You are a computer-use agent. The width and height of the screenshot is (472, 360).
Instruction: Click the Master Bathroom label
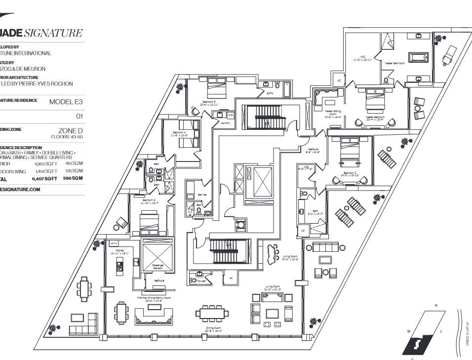click(x=394, y=63)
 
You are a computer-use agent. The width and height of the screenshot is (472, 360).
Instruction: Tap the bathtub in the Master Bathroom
click(x=421, y=58)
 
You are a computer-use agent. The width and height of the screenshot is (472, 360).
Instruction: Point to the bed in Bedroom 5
click(x=212, y=91)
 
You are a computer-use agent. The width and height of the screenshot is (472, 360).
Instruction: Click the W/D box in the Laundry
click(x=230, y=115)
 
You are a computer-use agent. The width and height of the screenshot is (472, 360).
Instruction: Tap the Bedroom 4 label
click(x=179, y=134)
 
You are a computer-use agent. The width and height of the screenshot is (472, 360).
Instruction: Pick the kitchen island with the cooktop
click(x=119, y=267)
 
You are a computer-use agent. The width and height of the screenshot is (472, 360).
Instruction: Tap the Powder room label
click(x=201, y=280)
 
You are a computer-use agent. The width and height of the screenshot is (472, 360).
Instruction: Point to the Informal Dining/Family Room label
click(x=154, y=298)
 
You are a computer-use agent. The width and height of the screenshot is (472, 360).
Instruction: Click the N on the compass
click(x=435, y=306)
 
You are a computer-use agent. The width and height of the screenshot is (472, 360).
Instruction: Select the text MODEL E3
click(x=65, y=102)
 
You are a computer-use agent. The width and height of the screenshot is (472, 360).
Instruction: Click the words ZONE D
click(x=69, y=130)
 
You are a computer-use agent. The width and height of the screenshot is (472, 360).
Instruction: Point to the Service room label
click(x=201, y=195)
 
